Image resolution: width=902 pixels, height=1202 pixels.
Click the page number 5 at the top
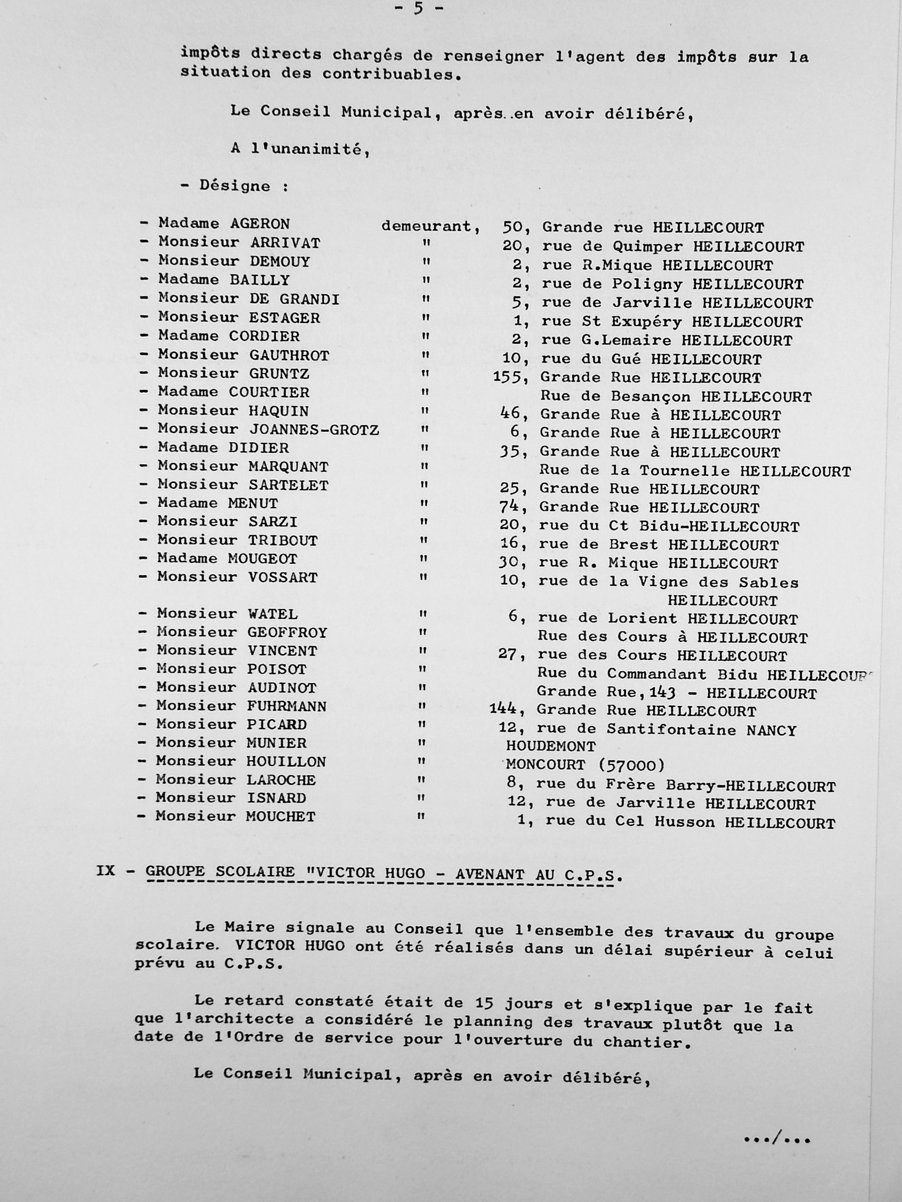coord(418,9)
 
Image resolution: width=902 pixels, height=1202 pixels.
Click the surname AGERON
coord(260,224)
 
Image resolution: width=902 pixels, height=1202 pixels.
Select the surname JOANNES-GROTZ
coord(314,430)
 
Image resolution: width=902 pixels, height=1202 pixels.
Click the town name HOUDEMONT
coord(551,747)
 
